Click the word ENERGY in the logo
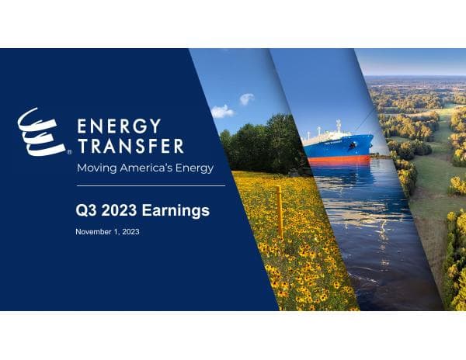(118, 126)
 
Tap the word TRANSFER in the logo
(130, 145)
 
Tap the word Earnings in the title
(179, 209)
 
